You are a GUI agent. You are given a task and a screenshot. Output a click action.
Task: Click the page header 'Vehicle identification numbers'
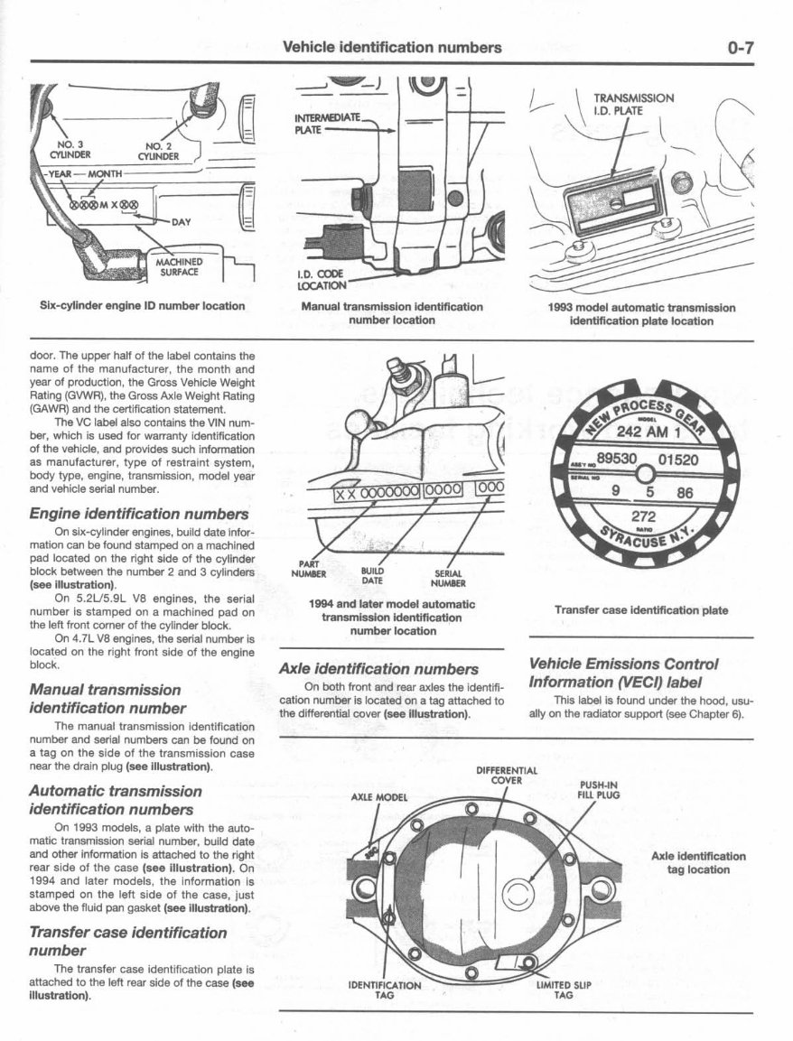pos(392,48)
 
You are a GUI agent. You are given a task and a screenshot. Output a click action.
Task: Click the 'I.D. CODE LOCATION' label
pos(322,279)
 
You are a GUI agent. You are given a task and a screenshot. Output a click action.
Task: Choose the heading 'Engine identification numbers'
pos(138,513)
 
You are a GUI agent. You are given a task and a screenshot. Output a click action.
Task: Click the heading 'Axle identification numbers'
pos(378,669)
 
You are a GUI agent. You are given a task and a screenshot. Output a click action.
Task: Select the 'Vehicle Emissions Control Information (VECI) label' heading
pos(623,673)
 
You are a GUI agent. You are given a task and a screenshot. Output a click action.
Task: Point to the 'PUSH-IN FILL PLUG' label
pos(598,790)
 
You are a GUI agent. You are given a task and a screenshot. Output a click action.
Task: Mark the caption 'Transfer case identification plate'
pos(640,610)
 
